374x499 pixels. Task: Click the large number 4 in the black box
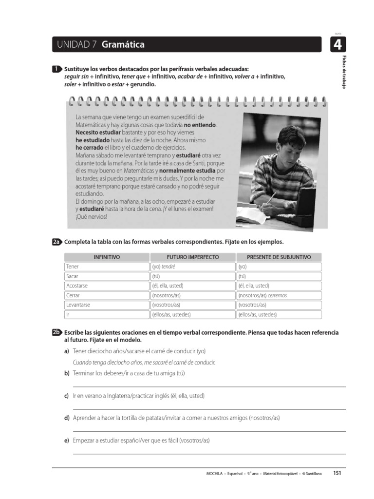(337, 45)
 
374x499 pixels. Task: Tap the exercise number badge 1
(57, 69)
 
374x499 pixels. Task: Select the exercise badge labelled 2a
(57, 242)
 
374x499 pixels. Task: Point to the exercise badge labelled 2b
(57, 332)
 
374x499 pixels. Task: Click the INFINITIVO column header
(106, 257)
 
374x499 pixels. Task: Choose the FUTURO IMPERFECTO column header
(193, 257)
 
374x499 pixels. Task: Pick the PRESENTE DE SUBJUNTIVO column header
(279, 257)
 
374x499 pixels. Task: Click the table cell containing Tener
(106, 267)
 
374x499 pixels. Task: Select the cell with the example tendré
(193, 267)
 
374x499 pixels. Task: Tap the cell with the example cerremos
(279, 295)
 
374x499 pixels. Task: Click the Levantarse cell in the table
(106, 305)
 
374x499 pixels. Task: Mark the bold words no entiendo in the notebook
(200, 125)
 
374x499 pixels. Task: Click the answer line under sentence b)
(209, 386)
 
